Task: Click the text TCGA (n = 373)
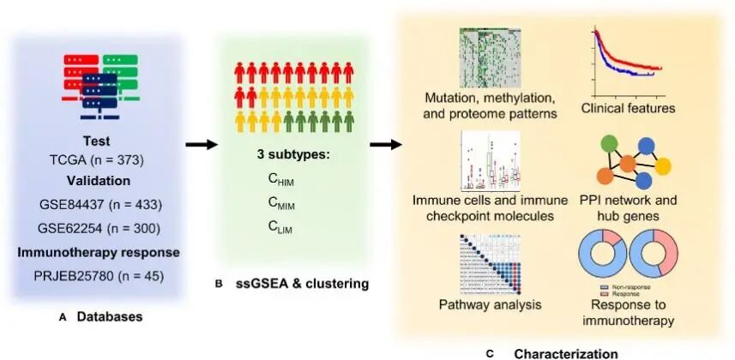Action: coord(101,160)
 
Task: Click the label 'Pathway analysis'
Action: coord(481,304)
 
